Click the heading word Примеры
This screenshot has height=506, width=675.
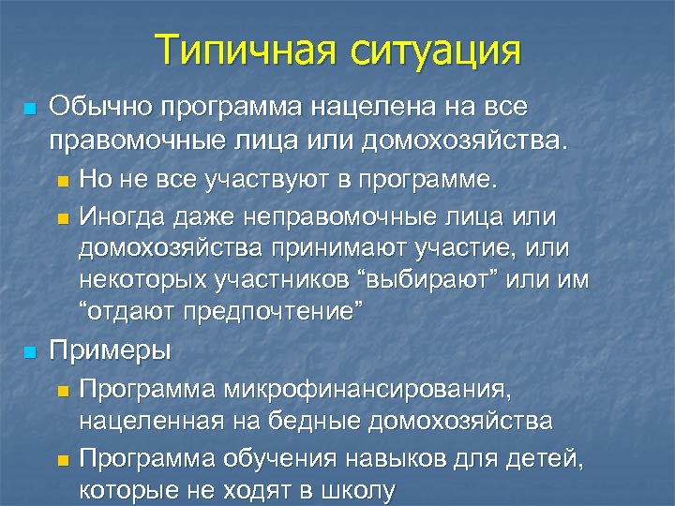[x=110, y=351]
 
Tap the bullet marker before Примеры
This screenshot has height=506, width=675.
[x=29, y=352]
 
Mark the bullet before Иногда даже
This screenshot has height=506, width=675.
[x=63, y=218]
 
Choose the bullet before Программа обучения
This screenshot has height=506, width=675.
[x=63, y=459]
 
